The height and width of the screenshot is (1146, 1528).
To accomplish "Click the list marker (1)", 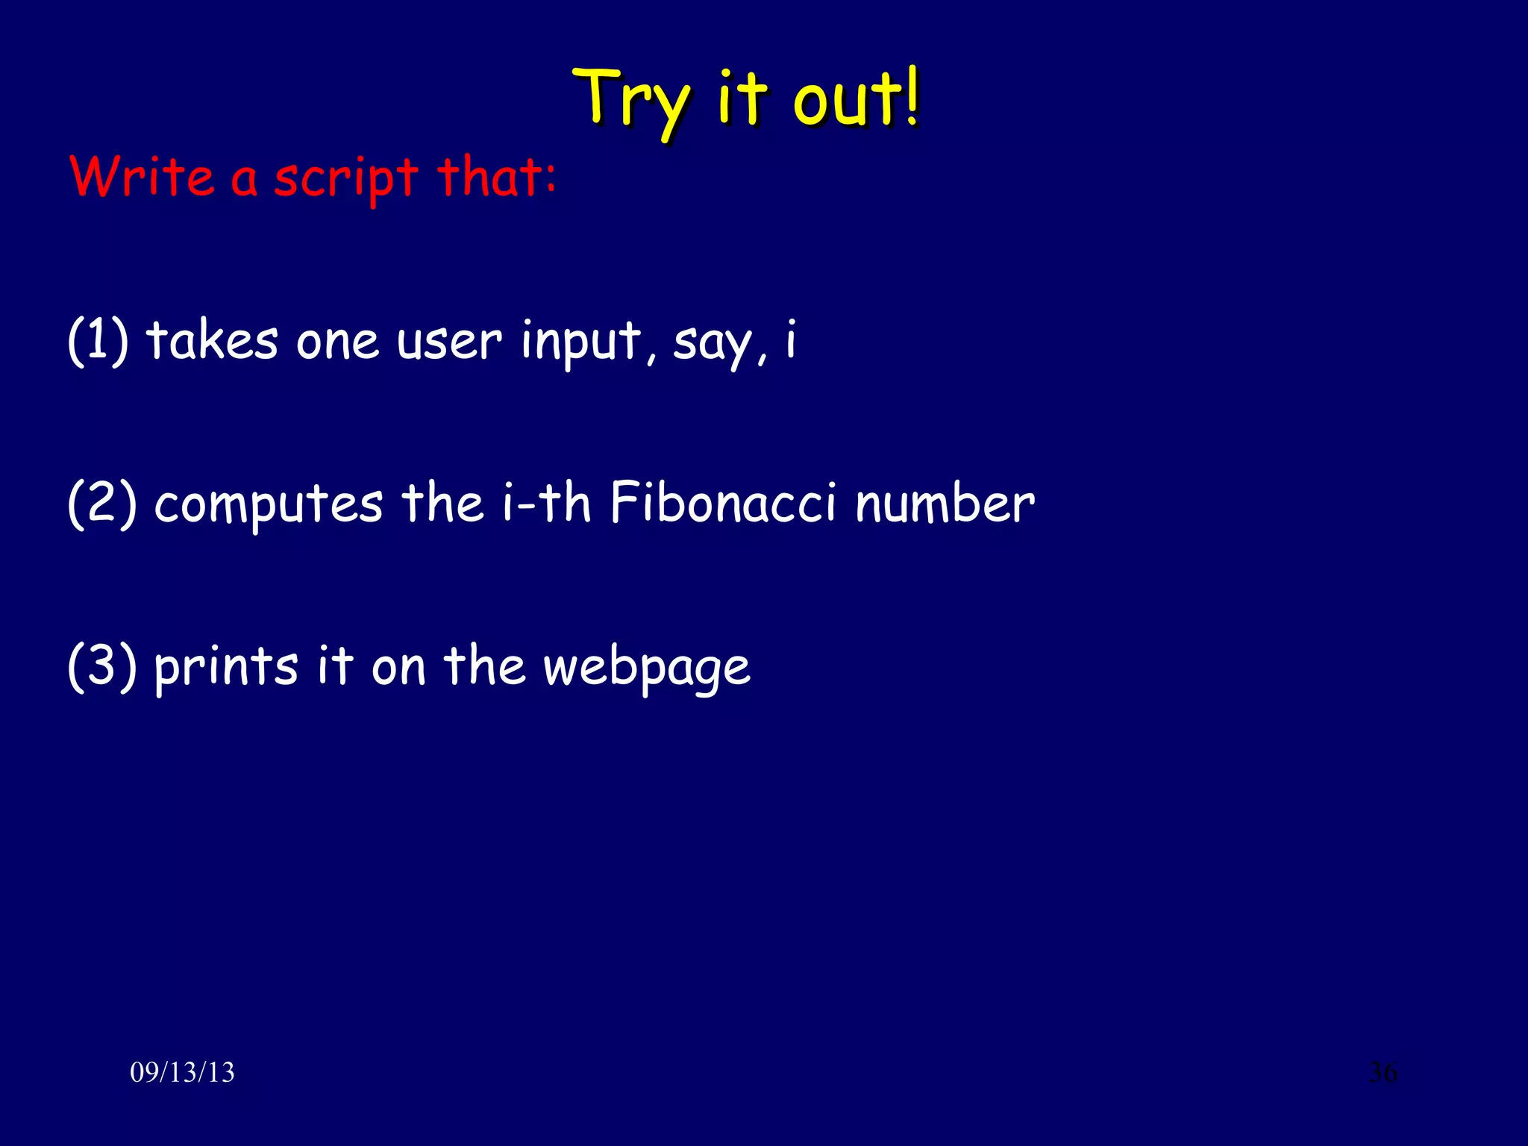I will point(98,341).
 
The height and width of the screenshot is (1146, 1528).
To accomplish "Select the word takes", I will point(213,341).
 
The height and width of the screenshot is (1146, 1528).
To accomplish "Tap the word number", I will point(945,504).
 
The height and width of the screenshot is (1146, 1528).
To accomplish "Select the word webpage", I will point(646,668).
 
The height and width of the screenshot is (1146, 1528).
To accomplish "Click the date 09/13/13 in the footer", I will point(182,1073).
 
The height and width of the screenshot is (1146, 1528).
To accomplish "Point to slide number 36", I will point(1383,1073).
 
